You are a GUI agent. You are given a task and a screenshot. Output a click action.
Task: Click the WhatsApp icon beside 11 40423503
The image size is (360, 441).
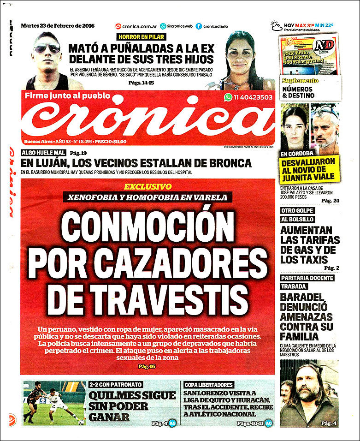coord(228,97)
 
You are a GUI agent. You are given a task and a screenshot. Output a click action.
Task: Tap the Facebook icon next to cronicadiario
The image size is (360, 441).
coord(199,26)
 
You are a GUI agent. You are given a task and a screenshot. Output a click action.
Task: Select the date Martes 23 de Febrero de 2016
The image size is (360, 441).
coord(58,26)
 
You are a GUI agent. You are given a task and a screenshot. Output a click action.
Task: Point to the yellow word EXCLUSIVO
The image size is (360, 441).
coord(148,187)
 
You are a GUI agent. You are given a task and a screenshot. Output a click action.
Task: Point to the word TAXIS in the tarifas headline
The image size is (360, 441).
coord(311,260)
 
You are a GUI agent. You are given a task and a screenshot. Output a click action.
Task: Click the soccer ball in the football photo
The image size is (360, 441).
coord(81,422)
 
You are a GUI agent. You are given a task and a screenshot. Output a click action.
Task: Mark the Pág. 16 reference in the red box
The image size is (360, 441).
coord(147,366)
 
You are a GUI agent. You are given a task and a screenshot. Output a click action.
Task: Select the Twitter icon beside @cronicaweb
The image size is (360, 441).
coord(163,26)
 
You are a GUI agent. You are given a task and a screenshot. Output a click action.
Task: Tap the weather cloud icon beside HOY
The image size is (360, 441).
coord(277,26)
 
